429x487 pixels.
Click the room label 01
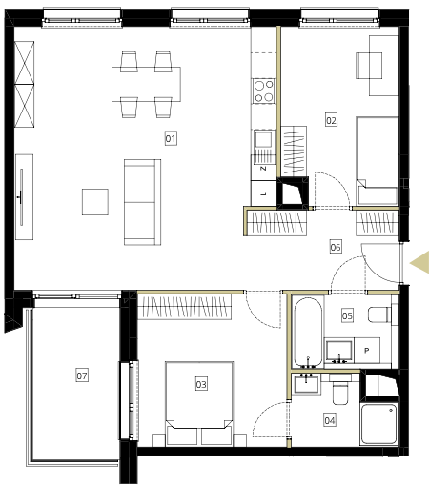click(x=171, y=138)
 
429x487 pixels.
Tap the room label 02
click(x=331, y=120)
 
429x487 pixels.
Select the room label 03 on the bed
click(x=201, y=384)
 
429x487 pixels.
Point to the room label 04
click(x=330, y=420)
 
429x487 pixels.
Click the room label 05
click(x=347, y=315)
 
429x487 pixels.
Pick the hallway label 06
click(x=336, y=247)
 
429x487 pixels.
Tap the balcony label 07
click(x=82, y=375)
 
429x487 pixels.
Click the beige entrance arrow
click(x=419, y=262)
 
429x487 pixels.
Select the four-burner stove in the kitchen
click(x=264, y=91)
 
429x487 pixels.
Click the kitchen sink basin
click(x=264, y=139)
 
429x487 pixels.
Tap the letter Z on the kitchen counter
click(x=263, y=169)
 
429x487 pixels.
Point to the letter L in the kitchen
click(x=263, y=193)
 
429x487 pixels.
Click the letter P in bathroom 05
click(x=367, y=351)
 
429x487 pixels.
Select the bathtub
click(x=308, y=333)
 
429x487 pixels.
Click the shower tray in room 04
click(x=379, y=424)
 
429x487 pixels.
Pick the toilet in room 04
click(x=340, y=390)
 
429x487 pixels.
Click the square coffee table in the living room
click(x=95, y=202)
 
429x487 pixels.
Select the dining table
click(x=146, y=84)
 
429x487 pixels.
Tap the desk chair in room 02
click(x=369, y=66)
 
